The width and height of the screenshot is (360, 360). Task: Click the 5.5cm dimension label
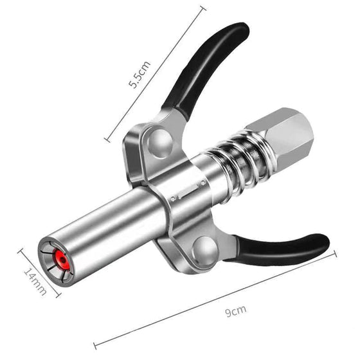tap(141, 75)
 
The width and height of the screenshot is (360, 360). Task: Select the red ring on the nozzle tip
tap(62, 260)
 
